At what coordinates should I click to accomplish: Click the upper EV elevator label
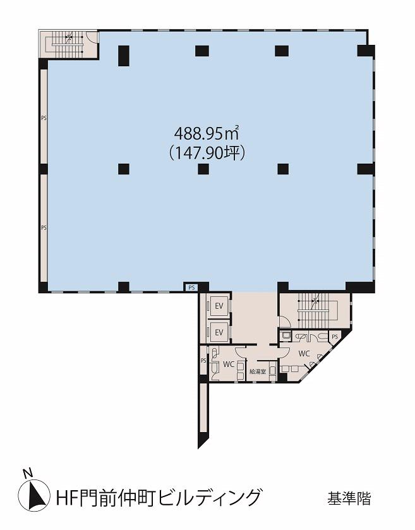point(219,306)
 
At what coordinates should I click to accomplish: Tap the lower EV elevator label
point(219,332)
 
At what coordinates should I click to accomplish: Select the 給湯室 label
point(258,371)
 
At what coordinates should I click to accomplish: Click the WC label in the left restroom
point(229,364)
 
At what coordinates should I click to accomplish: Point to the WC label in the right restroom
point(304,354)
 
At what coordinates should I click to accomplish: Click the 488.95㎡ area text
point(207,133)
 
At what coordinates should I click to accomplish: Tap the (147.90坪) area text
point(207,153)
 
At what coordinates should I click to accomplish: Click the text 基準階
point(349,498)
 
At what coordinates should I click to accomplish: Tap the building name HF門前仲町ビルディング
point(158,498)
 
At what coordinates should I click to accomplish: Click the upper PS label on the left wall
point(44,118)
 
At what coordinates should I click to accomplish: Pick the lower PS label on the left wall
point(44,228)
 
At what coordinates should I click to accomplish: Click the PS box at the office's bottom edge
point(191,287)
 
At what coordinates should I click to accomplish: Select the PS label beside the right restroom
point(335,337)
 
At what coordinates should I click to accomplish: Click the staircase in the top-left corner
point(68,44)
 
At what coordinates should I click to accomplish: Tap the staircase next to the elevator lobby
point(315,310)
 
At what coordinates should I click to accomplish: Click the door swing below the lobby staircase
point(284,321)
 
